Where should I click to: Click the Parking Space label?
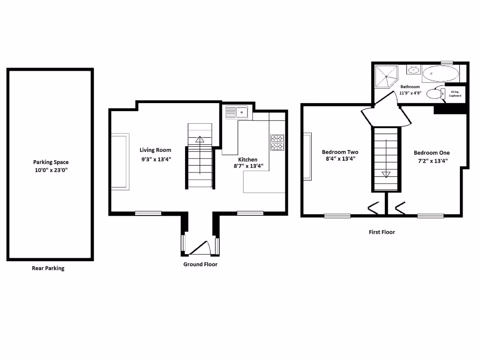(51, 162)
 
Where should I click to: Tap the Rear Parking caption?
(48, 269)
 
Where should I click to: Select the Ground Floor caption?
(200, 264)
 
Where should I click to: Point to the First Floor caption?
(382, 232)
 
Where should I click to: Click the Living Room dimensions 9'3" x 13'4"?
(155, 159)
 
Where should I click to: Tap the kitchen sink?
(237, 112)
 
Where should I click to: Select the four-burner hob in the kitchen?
(277, 142)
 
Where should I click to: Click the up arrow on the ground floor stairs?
(200, 139)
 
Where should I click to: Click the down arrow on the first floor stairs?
(386, 174)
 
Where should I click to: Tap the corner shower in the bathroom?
(385, 76)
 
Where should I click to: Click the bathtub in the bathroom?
(441, 74)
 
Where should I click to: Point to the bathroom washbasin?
(413, 71)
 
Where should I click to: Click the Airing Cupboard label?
(455, 94)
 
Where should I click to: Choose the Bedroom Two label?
(340, 152)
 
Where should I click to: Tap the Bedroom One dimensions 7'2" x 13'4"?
(431, 160)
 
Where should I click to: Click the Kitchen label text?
(247, 159)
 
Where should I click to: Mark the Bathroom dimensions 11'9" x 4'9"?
(410, 93)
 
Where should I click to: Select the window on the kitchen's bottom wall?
(250, 213)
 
